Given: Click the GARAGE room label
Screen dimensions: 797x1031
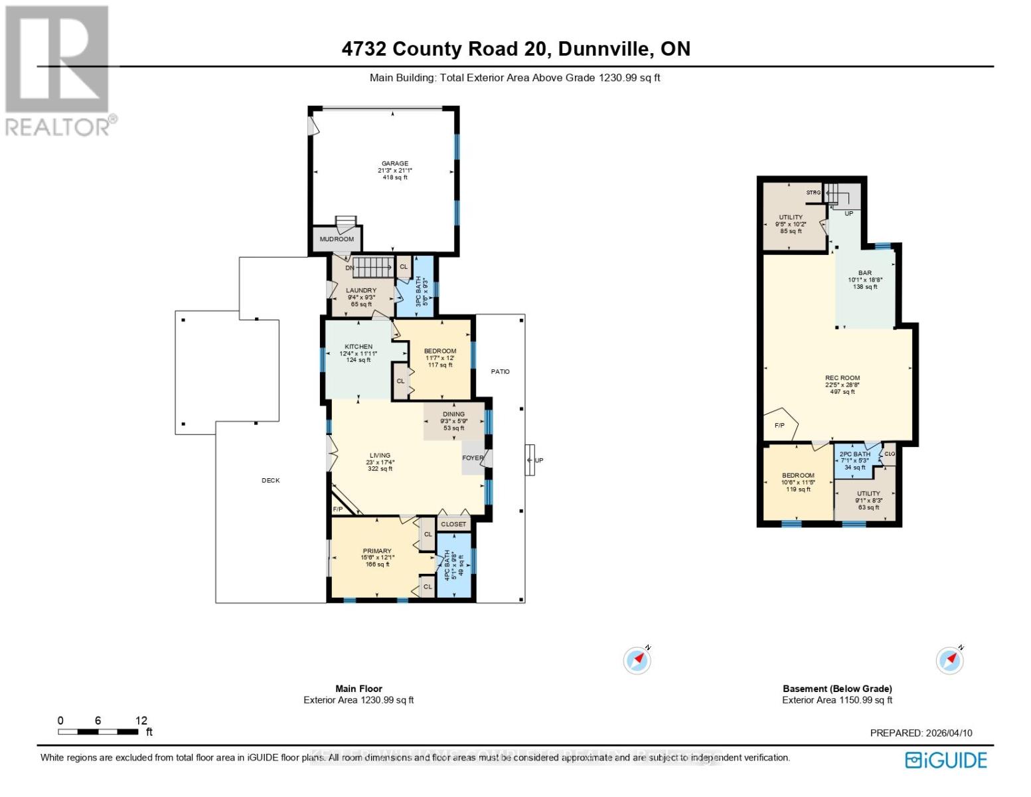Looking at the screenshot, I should pyautogui.click(x=394, y=163).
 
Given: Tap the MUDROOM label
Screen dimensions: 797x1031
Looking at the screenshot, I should pyautogui.click(x=337, y=239).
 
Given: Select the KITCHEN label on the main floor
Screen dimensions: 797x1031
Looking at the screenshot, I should pyautogui.click(x=358, y=347).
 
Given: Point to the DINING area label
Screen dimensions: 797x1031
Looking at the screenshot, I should pyautogui.click(x=453, y=414).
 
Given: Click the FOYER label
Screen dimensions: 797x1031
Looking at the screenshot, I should pyautogui.click(x=473, y=458).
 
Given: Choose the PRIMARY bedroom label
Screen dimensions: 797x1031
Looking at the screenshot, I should pyautogui.click(x=376, y=551).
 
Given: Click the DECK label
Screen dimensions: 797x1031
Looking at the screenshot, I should pyautogui.click(x=270, y=480).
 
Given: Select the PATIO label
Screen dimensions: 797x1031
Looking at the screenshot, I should pyautogui.click(x=500, y=371).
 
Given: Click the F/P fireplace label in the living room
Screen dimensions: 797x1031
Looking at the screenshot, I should pyautogui.click(x=337, y=509).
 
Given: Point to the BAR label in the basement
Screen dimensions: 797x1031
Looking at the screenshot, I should pyautogui.click(x=864, y=273).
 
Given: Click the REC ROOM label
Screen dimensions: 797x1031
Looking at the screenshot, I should pyautogui.click(x=842, y=378).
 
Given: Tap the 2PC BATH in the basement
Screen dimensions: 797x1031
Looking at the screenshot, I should pyautogui.click(x=854, y=454).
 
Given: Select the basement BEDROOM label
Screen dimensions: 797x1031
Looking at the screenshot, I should pyautogui.click(x=797, y=476).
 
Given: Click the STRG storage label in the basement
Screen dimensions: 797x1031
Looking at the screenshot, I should pyautogui.click(x=813, y=193).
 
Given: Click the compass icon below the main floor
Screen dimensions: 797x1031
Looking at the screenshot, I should pyautogui.click(x=637, y=660).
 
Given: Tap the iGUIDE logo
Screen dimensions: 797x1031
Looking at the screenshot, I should pyautogui.click(x=947, y=760).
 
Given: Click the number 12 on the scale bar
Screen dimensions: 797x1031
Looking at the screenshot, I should pyautogui.click(x=141, y=721).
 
